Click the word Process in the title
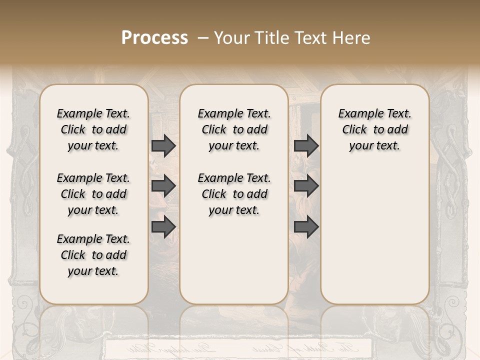[x=154, y=37]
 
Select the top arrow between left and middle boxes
[x=163, y=145]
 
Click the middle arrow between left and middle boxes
[x=163, y=186]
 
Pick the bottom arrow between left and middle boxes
[x=163, y=226]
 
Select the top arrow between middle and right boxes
[x=306, y=145]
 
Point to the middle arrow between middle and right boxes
[x=306, y=186]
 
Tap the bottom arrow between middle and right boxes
[x=306, y=226]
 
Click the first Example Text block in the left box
[x=93, y=129]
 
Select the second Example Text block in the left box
[x=93, y=194]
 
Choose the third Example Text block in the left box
[x=93, y=255]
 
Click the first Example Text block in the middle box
[x=234, y=129]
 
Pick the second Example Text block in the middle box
[x=234, y=194]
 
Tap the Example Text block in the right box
[x=374, y=129]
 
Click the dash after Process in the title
[x=203, y=37]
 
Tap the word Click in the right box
[x=354, y=130]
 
